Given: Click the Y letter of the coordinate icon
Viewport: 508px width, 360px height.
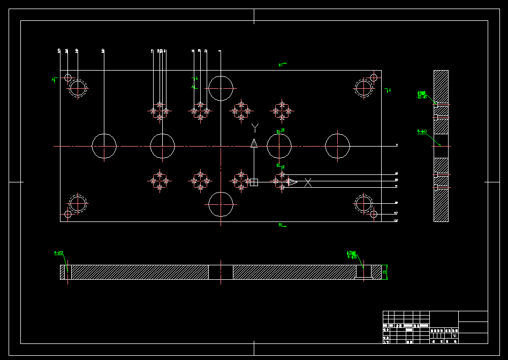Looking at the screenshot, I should pos(255,127).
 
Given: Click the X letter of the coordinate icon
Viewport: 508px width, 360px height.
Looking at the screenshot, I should pos(308,182).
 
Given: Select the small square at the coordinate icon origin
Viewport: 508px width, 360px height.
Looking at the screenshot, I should pos(254,182).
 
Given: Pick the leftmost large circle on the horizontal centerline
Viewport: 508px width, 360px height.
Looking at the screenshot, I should pos(104,146).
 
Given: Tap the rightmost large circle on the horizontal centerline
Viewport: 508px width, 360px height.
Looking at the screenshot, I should pos(338,146).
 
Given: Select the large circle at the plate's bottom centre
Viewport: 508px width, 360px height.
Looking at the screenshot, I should pos(221,204).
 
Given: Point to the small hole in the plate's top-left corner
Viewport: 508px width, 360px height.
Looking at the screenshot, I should pos(68,78).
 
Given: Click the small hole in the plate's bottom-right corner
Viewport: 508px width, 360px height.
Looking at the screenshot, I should pos(374,215).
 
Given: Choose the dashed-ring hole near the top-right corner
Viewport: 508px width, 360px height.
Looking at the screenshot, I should pos(364,88).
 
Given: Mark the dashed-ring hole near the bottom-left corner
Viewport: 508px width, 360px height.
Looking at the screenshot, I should pos(78,204).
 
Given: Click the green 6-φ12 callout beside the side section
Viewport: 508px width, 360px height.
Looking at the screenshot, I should pos(422,131).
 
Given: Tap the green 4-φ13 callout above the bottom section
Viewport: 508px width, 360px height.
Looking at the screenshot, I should pos(58,252).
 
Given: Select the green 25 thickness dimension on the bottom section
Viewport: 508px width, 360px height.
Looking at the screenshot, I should pos(385,272).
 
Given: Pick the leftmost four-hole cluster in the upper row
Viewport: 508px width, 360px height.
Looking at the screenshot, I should pos(160,111).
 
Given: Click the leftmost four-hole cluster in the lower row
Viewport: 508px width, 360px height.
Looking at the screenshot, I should pos(160,181).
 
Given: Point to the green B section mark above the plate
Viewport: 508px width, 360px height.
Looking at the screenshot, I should pos(280,65).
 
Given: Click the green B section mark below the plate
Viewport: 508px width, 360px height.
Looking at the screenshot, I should pos(280,225).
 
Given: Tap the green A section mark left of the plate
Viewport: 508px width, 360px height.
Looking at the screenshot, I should pos(54,80).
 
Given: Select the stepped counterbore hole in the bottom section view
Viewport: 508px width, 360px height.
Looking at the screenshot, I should pos(364,272).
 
